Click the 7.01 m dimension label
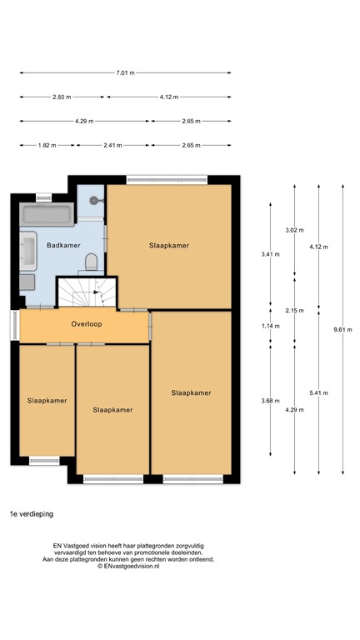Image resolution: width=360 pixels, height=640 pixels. click(x=125, y=72)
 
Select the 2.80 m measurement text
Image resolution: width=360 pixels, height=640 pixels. click(x=62, y=97)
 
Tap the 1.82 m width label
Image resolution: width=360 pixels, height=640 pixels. click(x=47, y=145)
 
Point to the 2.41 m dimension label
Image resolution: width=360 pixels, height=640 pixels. click(x=112, y=145)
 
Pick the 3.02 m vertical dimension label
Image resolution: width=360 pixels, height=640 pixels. click(x=294, y=230)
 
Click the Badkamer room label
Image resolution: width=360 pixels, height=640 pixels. click(x=63, y=245)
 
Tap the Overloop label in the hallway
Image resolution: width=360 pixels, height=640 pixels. click(x=87, y=323)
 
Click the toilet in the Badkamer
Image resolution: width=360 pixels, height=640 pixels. click(x=92, y=263)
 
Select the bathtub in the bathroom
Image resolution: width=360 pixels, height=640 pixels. click(x=47, y=216)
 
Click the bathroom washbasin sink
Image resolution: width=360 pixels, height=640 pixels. click(x=27, y=251)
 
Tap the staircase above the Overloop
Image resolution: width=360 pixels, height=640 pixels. click(x=87, y=292)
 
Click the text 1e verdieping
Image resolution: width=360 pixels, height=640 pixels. click(x=31, y=514)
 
